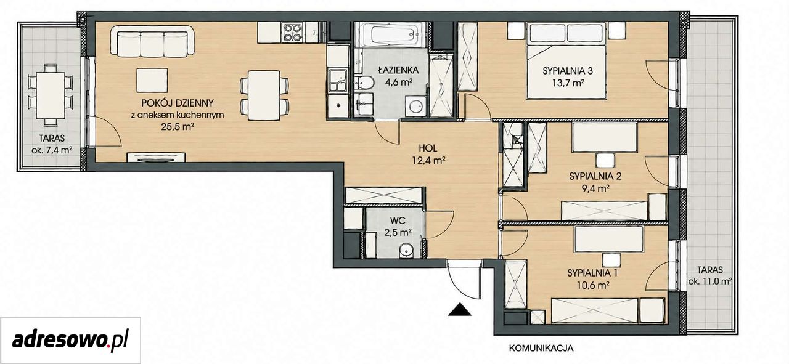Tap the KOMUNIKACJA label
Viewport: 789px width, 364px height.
[541, 349]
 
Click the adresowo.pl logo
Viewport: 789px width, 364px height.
[70, 341]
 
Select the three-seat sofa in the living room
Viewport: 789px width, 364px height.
[152, 41]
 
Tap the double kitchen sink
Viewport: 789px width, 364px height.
[337, 81]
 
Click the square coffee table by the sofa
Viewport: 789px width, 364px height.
[152, 81]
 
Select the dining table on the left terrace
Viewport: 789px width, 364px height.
[51, 95]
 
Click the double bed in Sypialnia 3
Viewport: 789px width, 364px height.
[566, 60]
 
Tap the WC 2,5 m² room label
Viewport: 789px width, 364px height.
[398, 227]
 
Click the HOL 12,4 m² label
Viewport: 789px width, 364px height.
[428, 154]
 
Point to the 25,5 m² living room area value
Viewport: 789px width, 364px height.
[178, 127]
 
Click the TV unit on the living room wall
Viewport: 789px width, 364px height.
[156, 157]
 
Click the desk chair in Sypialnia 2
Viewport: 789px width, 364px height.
[605, 160]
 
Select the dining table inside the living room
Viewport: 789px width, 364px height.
[264, 95]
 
